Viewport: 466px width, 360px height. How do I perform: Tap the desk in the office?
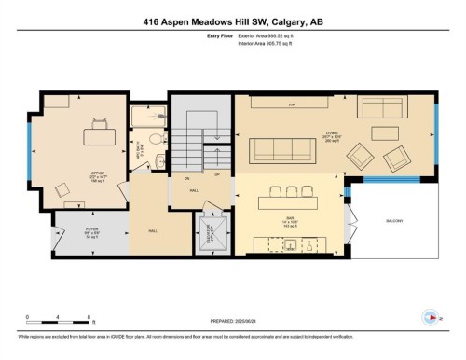[x=97, y=135]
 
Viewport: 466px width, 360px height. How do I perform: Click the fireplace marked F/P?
[x=292, y=104]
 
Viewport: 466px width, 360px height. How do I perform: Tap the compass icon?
[x=431, y=315]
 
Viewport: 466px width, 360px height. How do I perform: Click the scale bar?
[x=58, y=323]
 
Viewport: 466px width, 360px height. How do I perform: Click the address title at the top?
[x=233, y=21]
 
